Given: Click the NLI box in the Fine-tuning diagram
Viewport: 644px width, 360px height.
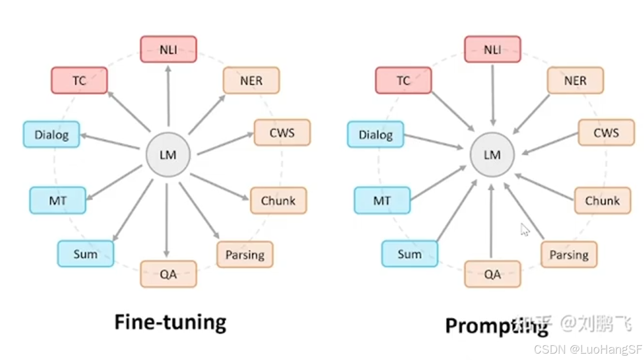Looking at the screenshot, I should pos(169,49).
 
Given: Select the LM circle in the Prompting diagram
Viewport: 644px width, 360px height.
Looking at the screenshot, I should pos(492,155).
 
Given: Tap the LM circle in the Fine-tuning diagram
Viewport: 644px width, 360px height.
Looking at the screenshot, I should pos(168,155).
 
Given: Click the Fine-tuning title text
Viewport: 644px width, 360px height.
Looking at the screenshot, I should pos(170,322).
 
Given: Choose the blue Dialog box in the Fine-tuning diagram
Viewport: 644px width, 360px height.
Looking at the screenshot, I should pos(51,135).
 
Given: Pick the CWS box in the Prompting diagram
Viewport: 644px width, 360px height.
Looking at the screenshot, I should pos(606,133).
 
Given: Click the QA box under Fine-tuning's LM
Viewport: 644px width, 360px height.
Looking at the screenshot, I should pos(169,274).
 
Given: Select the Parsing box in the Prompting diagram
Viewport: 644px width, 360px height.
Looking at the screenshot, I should pos(569,255).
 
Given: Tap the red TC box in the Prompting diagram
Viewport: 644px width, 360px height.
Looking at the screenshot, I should pos(403,81).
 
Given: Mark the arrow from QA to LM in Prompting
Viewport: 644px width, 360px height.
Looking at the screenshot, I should pos(491,221).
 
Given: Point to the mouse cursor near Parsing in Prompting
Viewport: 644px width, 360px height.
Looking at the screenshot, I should pos(525,230).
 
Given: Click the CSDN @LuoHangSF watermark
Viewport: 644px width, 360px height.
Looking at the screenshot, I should pos(588,349).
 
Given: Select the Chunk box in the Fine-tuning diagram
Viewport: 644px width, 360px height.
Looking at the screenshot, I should pos(278,201).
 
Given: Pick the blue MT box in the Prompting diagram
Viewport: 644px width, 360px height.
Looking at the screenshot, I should pos(382,201).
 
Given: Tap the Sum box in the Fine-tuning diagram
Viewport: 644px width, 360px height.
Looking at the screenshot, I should pos(85,254).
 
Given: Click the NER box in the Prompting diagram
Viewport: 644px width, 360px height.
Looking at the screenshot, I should pos(575,81).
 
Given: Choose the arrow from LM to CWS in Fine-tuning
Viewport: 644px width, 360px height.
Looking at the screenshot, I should pos(225,143).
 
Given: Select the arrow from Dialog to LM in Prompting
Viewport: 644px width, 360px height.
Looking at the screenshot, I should pos(433,141).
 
